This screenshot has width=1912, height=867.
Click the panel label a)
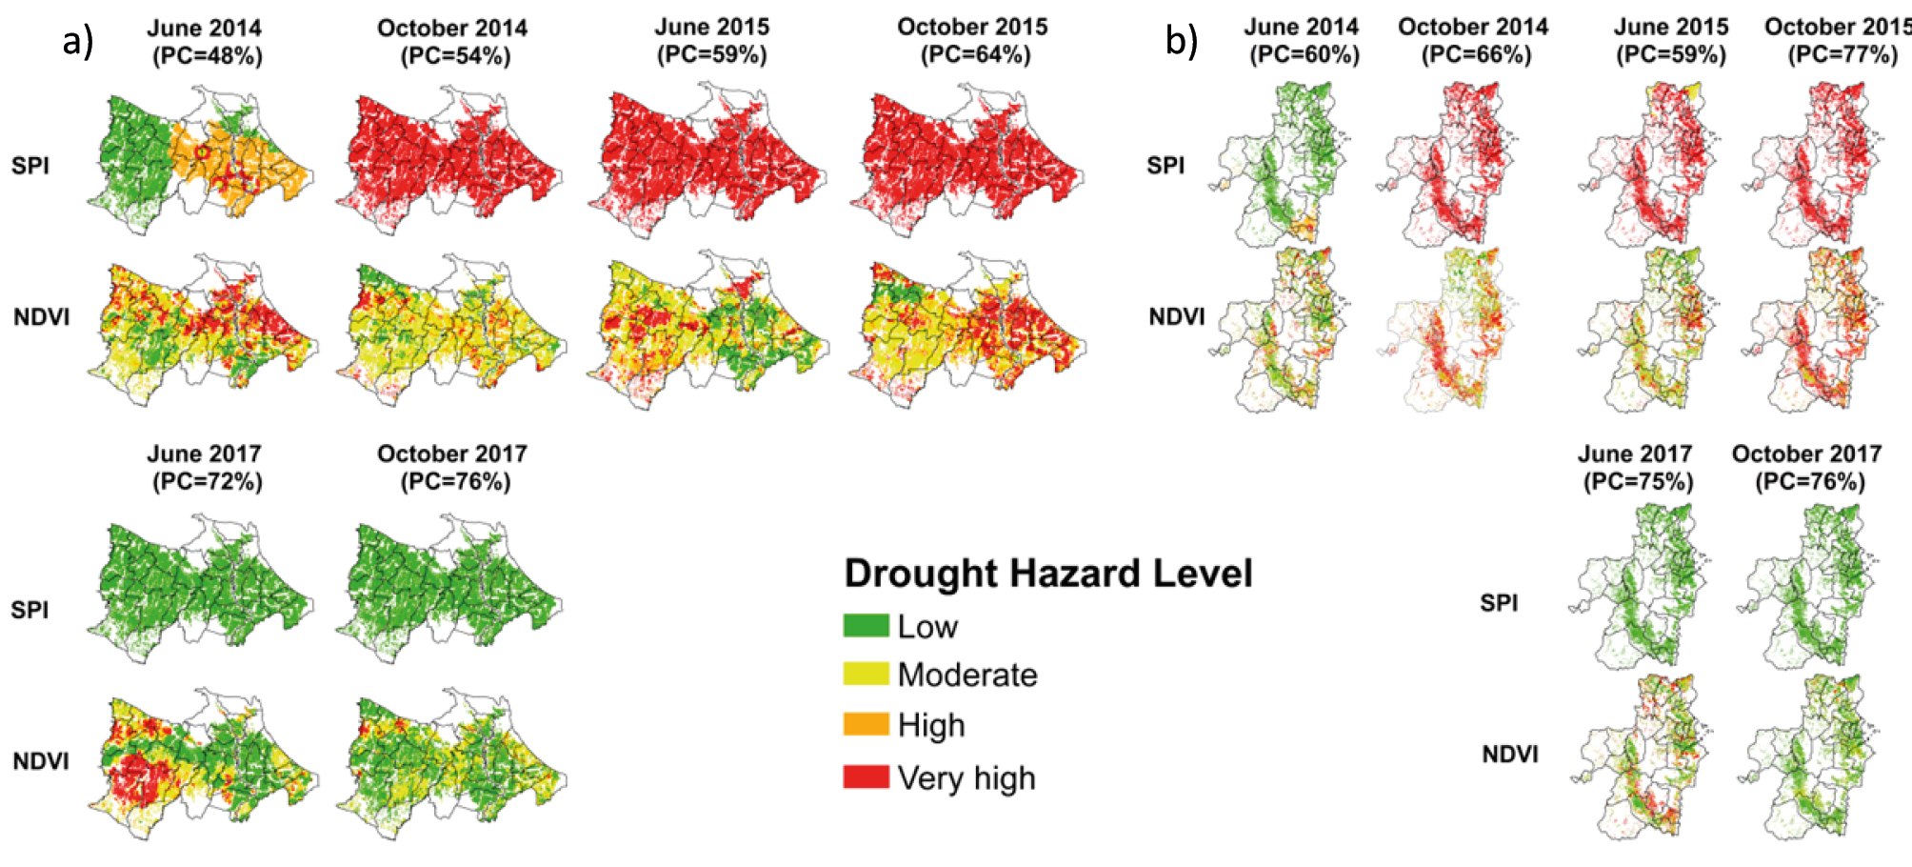78,42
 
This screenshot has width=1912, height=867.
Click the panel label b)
1182,42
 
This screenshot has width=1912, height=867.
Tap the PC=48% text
207,56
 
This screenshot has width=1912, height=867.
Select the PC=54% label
454,56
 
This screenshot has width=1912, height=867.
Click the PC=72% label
207,482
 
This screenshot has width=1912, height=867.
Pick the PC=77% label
1842,54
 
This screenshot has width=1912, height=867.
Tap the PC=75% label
1638,482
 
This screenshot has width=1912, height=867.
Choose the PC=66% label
1476,55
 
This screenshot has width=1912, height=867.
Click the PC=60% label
1304,55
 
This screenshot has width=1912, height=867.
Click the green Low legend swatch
866,626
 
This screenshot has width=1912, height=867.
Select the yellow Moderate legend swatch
866,675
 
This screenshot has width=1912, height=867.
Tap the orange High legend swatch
866,725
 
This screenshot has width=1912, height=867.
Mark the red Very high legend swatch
866,777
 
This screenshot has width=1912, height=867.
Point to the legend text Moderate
967,675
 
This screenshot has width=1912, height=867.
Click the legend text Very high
966,778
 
